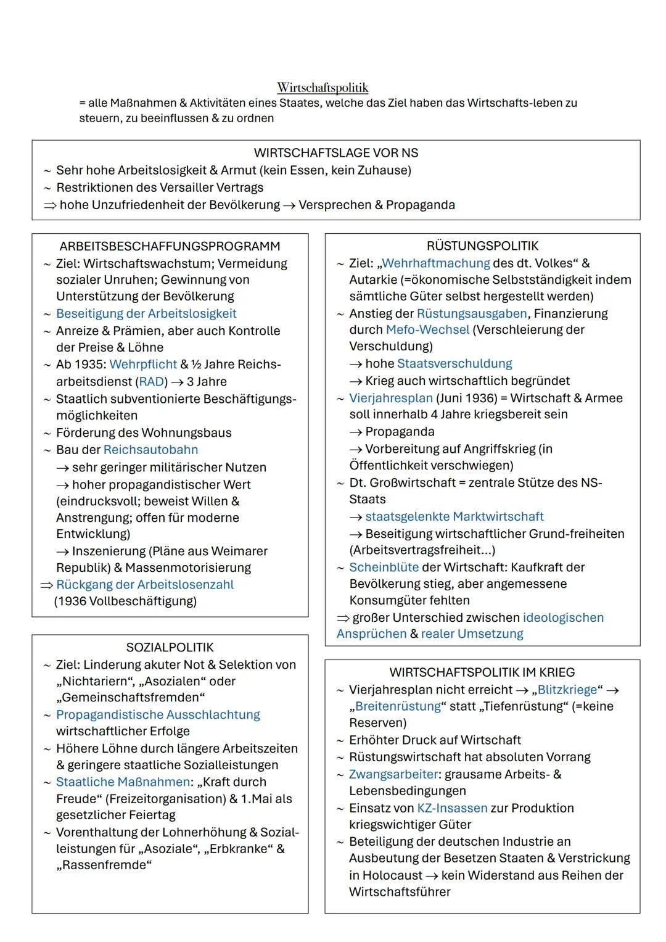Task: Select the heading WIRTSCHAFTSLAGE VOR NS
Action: [x=335, y=153]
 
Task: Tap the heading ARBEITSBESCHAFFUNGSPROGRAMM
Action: [x=170, y=246]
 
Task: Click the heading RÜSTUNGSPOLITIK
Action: [x=482, y=246]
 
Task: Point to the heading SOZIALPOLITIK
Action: [x=170, y=648]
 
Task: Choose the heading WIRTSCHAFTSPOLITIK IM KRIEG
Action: [x=482, y=672]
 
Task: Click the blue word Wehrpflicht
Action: [x=143, y=365]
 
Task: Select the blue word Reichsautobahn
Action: [x=150, y=450]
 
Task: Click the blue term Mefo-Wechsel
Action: [x=427, y=330]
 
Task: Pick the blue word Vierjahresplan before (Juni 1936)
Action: [x=391, y=399]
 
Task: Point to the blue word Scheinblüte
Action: [x=384, y=568]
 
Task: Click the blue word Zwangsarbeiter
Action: [x=393, y=774]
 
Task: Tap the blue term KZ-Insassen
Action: [x=452, y=808]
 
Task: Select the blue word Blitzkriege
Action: [x=567, y=690]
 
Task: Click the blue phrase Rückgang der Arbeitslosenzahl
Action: [x=145, y=585]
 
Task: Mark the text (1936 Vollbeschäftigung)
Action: [x=125, y=601]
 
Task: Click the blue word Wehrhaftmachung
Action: [x=435, y=263]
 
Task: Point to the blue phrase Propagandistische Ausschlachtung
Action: [x=158, y=715]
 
